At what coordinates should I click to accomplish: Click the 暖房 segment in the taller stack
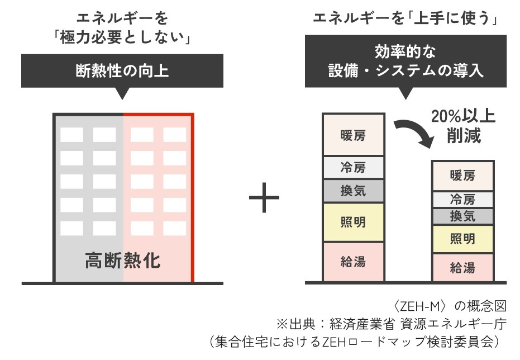[353, 135]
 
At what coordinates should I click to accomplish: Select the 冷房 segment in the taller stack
[353, 167]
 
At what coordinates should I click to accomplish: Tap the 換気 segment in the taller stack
[353, 191]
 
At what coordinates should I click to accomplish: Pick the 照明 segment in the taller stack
[353, 222]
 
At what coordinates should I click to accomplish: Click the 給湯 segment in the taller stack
[353, 261]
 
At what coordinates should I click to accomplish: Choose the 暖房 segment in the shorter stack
[462, 175]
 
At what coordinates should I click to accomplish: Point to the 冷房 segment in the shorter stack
[462, 198]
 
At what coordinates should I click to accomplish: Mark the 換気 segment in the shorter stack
[462, 216]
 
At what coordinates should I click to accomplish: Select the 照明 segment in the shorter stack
[462, 239]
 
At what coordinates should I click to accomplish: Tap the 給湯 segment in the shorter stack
[462, 267]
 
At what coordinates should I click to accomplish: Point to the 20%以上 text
[463, 116]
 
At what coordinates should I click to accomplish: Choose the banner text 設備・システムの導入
[406, 72]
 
